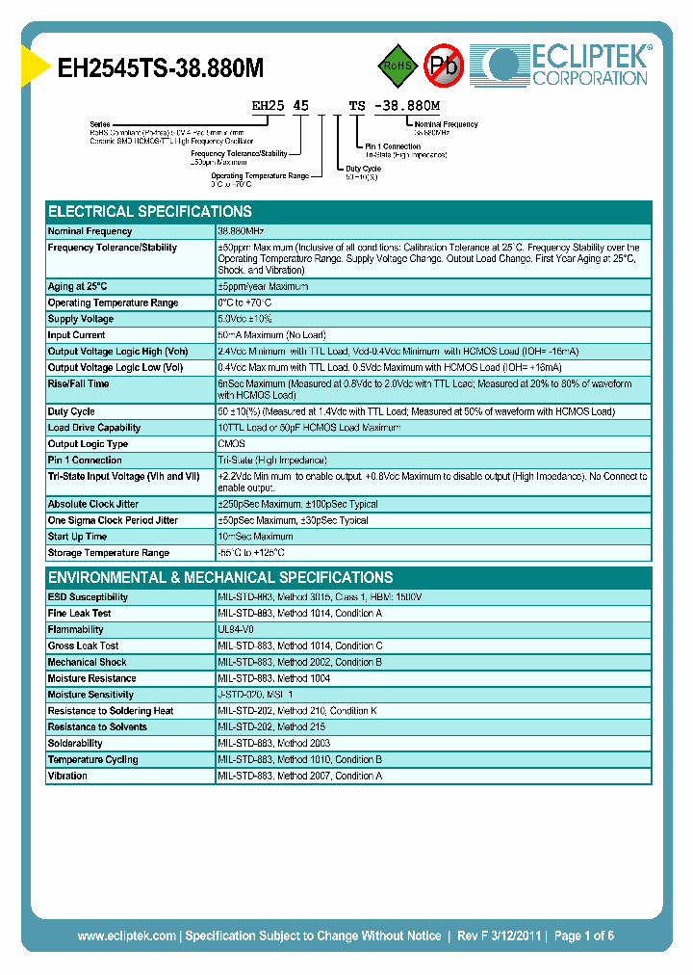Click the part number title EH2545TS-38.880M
(x=161, y=67)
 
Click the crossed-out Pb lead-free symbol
(x=443, y=66)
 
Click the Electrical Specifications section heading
(x=150, y=211)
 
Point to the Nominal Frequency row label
(x=90, y=231)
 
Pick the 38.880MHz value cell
(x=241, y=231)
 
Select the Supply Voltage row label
(x=81, y=319)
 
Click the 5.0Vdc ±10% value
(x=246, y=319)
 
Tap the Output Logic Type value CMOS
(x=232, y=444)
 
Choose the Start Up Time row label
(x=77, y=537)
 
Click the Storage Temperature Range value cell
(x=251, y=553)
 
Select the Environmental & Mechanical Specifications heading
(x=220, y=577)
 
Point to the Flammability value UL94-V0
(x=236, y=629)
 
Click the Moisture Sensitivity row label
(x=90, y=695)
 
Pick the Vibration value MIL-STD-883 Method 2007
(x=299, y=777)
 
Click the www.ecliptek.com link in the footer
(x=126, y=935)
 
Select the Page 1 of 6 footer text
(x=584, y=935)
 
